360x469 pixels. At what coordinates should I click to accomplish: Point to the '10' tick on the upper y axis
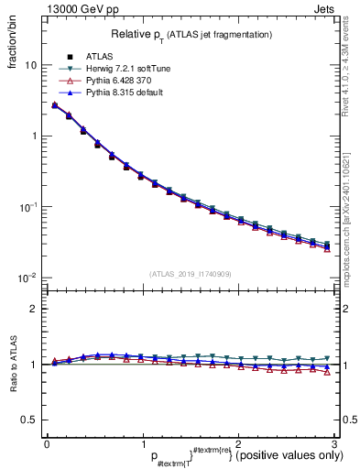(x=31, y=66)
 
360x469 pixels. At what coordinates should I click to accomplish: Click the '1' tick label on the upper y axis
(x=34, y=136)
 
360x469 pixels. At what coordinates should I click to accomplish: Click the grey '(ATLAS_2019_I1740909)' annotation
(x=190, y=274)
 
